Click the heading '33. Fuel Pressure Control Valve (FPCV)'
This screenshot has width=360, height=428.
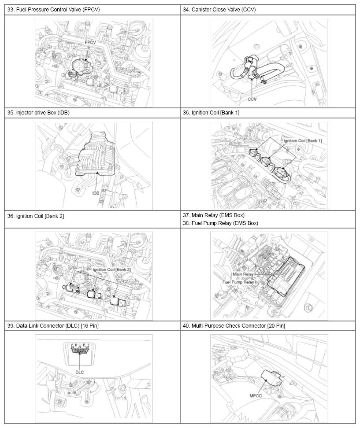tap(53, 10)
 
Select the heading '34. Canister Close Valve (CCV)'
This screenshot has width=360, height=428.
tap(219, 10)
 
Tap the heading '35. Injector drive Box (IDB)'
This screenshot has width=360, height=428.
tap(38, 112)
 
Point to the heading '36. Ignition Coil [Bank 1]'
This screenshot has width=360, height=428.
tap(211, 112)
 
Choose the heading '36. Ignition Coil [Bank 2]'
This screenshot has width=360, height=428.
tap(36, 216)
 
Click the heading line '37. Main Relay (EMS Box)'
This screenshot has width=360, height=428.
tap(214, 215)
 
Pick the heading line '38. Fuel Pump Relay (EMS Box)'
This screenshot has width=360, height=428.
tap(220, 223)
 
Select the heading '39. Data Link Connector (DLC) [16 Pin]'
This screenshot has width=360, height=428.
tap(53, 326)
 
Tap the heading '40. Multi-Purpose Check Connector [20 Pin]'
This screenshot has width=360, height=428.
tap(234, 326)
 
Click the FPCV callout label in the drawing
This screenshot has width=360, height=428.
tap(90, 43)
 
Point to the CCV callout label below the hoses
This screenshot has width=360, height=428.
tap(252, 99)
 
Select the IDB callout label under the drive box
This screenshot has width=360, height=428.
tap(96, 193)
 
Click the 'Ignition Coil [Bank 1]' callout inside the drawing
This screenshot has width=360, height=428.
tap(303, 140)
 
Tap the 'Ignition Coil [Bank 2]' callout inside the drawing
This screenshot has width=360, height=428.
tap(112, 269)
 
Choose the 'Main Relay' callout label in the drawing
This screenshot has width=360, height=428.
tap(243, 274)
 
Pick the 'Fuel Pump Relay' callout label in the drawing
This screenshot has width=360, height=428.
tap(238, 282)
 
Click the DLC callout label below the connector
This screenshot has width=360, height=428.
tap(79, 372)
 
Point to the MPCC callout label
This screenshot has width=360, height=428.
tap(256, 395)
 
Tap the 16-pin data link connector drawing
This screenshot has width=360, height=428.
tap(79, 349)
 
